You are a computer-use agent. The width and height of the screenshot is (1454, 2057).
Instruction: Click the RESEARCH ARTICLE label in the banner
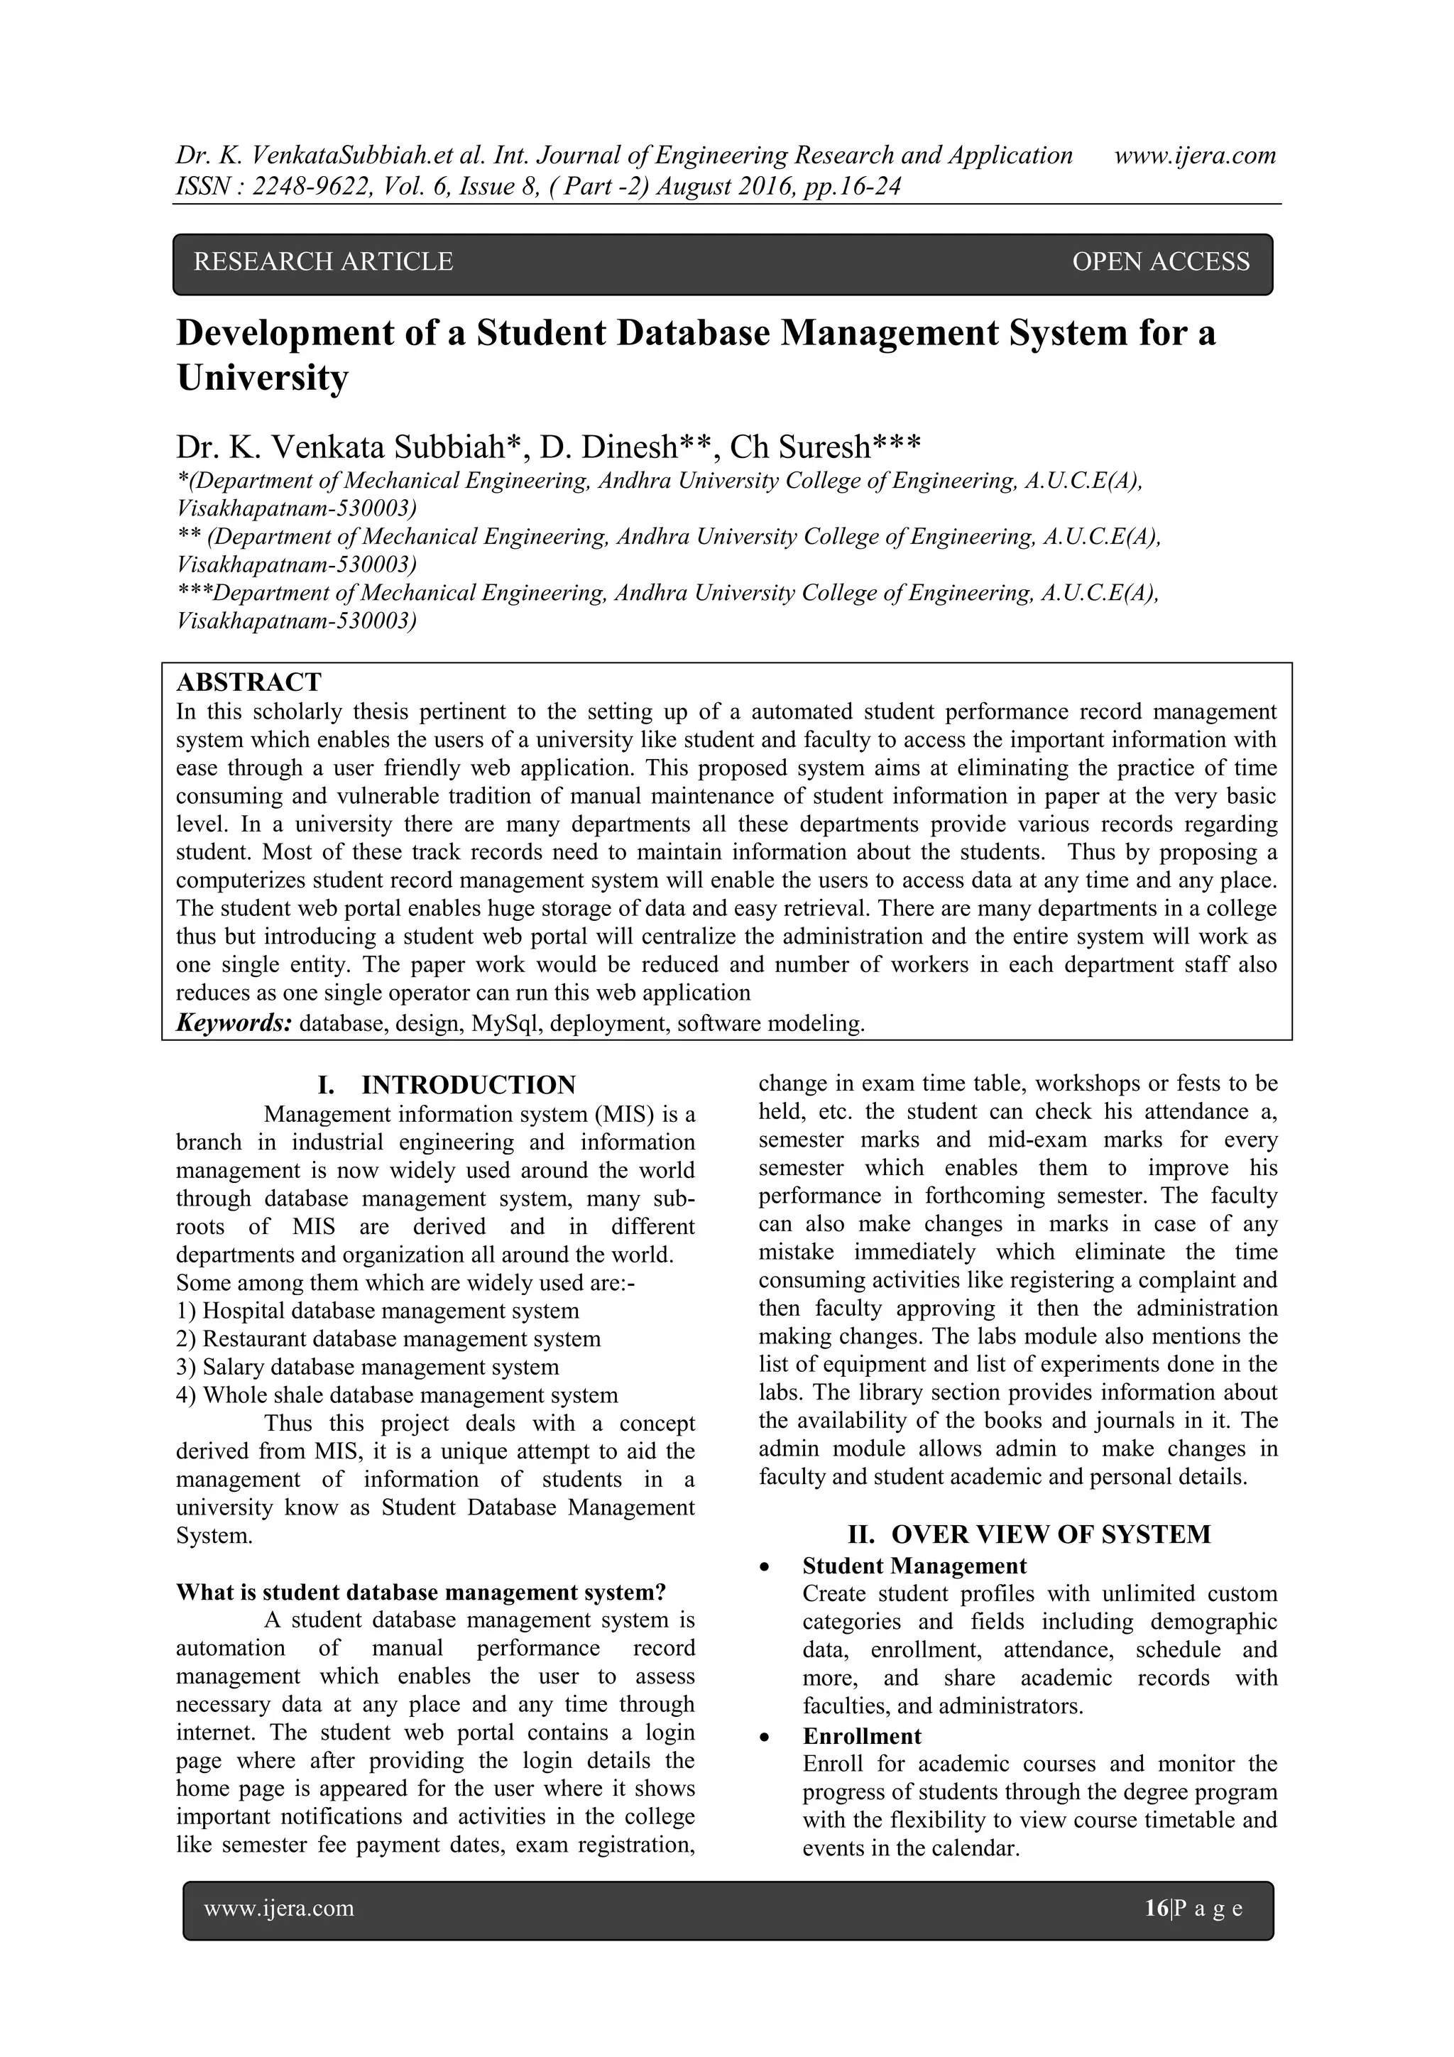[x=324, y=261]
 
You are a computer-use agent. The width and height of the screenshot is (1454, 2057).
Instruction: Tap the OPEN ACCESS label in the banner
[x=1160, y=261]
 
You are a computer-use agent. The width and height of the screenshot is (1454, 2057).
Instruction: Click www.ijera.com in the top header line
[x=1194, y=156]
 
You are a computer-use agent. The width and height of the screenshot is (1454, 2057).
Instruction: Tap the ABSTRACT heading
[x=248, y=682]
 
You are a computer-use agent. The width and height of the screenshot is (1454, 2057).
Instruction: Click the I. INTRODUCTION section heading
[x=447, y=1085]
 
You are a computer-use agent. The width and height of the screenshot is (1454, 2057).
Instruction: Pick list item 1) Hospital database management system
[x=377, y=1311]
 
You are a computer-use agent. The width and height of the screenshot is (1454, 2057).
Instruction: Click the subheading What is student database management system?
[x=421, y=1592]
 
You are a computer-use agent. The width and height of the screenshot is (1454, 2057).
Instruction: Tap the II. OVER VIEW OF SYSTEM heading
[x=1029, y=1534]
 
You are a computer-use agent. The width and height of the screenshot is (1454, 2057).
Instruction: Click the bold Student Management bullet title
[x=914, y=1566]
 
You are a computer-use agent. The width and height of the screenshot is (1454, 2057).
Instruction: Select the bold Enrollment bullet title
[x=861, y=1736]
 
